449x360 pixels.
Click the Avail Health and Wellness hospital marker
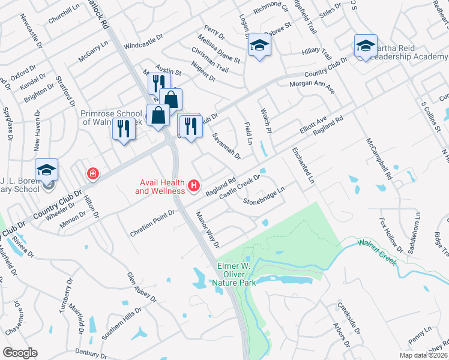[x=194, y=187]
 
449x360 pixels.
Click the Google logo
[x=20, y=353]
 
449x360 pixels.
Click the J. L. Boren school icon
[x=46, y=170]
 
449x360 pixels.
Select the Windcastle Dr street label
[x=143, y=41]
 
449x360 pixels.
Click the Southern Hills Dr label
[x=121, y=324]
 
